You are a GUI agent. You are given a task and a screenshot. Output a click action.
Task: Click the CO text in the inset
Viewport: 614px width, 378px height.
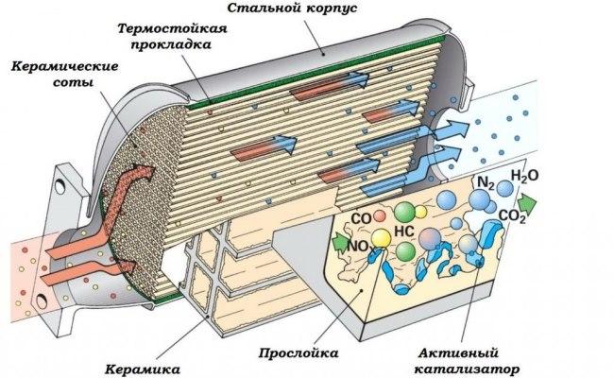[x=360, y=219]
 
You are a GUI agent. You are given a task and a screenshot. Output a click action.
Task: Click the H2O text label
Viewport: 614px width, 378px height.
[x=526, y=176]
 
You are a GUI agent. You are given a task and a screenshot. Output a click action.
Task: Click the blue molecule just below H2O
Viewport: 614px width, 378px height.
[x=506, y=190]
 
